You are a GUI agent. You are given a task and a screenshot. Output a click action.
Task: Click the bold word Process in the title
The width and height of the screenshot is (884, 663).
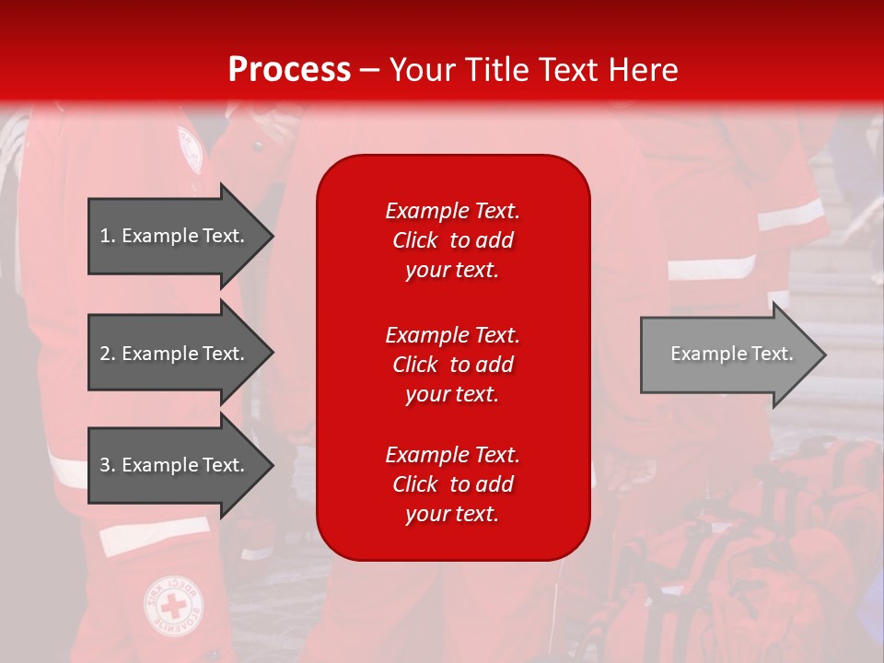tap(289, 70)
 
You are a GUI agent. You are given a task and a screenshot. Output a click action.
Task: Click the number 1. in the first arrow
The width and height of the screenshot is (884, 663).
tap(107, 236)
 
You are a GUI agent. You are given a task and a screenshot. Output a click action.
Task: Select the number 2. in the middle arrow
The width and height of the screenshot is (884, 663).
tap(107, 354)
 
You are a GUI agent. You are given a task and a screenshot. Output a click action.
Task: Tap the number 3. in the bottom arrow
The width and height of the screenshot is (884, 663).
tap(107, 465)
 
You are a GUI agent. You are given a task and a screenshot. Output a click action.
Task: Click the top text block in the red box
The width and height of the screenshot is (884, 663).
tap(452, 240)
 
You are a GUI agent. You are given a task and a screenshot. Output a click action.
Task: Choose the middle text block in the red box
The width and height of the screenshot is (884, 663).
tap(452, 365)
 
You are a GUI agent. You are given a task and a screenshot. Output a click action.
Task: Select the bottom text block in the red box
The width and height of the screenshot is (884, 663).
tap(452, 484)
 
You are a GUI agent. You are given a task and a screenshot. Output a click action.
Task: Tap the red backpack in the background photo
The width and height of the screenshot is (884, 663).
tap(783, 552)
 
